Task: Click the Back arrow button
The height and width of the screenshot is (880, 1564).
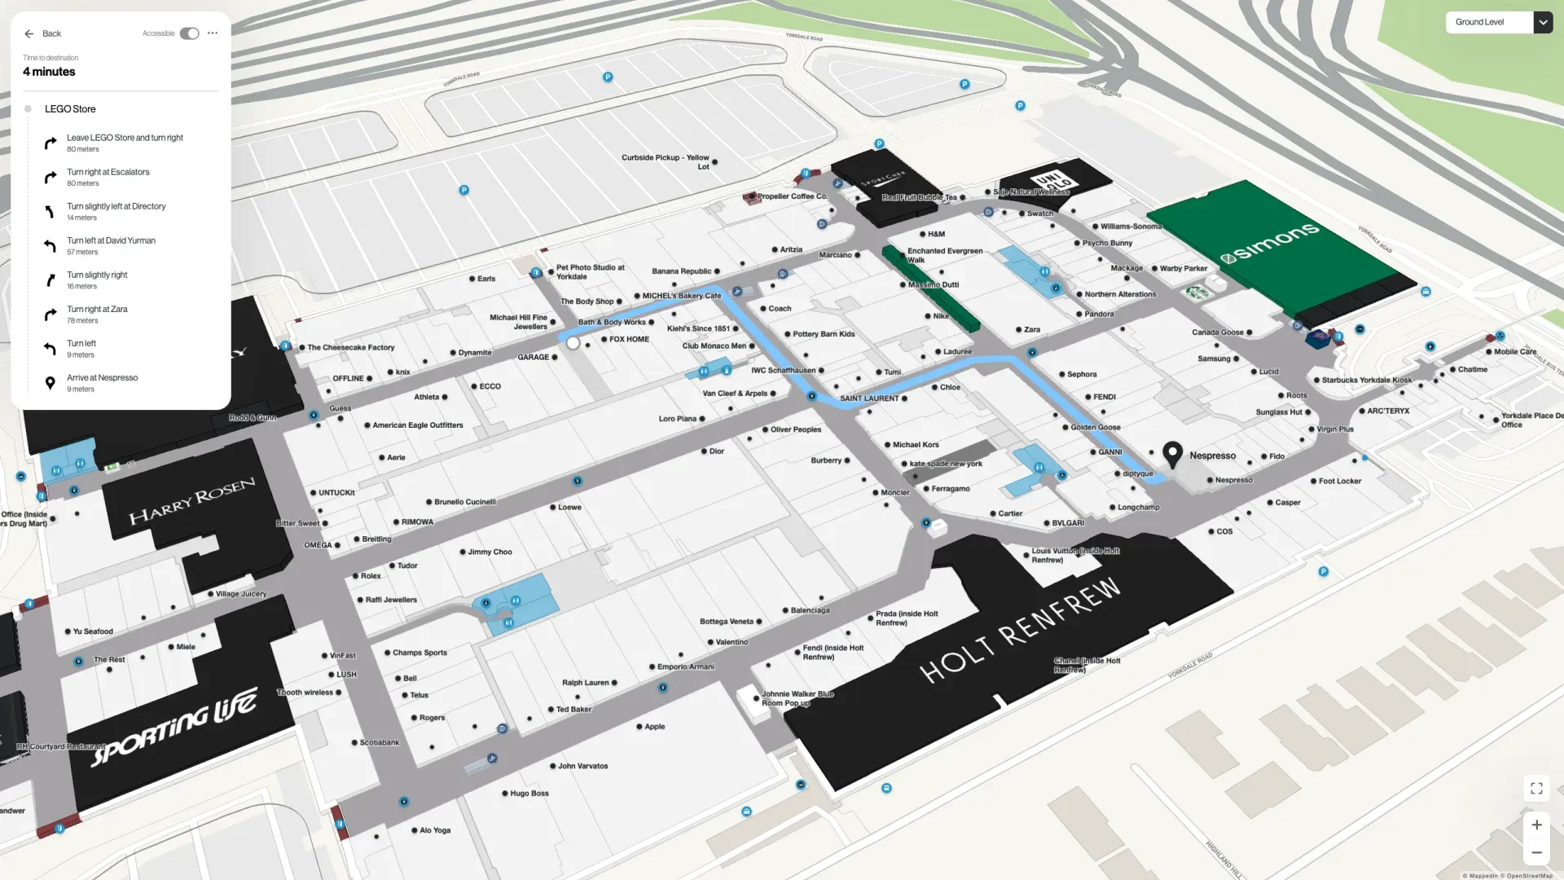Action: coord(29,33)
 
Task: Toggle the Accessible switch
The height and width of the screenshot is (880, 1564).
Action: coord(189,33)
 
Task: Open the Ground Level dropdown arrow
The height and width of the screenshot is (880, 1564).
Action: coord(1543,22)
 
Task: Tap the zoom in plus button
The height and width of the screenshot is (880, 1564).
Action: coord(1536,825)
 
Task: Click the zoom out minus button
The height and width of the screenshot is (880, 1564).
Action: coord(1536,852)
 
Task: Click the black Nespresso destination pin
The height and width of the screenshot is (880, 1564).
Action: coord(1172,453)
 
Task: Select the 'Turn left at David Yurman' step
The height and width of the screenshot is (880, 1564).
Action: coord(111,245)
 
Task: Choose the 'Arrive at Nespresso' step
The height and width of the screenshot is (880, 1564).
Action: coord(102,382)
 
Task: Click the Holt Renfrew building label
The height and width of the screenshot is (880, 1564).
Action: coord(1020,631)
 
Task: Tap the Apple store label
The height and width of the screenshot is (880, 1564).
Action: coord(654,727)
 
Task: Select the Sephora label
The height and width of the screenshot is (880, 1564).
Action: coord(1081,375)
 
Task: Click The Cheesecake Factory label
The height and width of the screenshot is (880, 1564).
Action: coord(350,348)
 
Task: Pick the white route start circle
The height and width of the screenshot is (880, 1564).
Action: coord(573,344)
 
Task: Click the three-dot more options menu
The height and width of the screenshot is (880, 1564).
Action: coord(213,33)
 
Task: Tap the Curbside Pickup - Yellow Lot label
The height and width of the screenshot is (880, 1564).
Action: coord(666,162)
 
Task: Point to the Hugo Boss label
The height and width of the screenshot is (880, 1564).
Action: coord(529,794)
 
